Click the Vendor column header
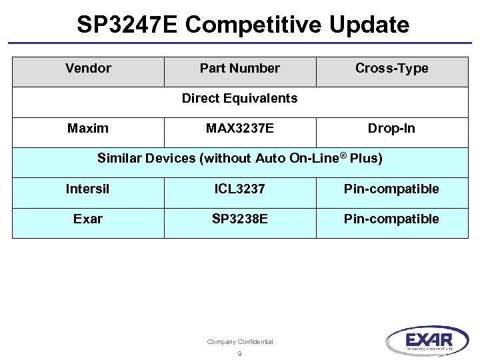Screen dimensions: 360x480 [x=88, y=69]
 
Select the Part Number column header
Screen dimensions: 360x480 [x=240, y=69]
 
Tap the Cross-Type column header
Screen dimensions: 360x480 [x=391, y=69]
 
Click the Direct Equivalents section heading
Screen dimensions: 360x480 [x=239, y=99]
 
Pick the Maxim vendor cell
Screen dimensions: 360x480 [x=88, y=129]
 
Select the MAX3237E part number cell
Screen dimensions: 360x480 [x=239, y=129]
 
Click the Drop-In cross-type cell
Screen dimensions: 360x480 [x=391, y=129]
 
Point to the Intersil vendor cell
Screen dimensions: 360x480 [x=87, y=189]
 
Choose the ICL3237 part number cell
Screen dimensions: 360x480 [x=239, y=189]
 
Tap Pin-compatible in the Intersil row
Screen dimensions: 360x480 [x=391, y=189]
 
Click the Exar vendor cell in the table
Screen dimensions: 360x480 [x=88, y=219]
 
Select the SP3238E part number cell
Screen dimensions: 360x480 [x=239, y=219]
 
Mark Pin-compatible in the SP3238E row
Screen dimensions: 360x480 [x=391, y=219]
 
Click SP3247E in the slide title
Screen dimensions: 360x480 [x=127, y=25]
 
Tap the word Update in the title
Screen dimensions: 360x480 [x=369, y=25]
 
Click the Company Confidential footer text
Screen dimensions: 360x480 [x=239, y=342]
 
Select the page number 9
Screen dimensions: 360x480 [x=239, y=354]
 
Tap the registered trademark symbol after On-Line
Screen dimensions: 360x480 [x=342, y=155]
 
